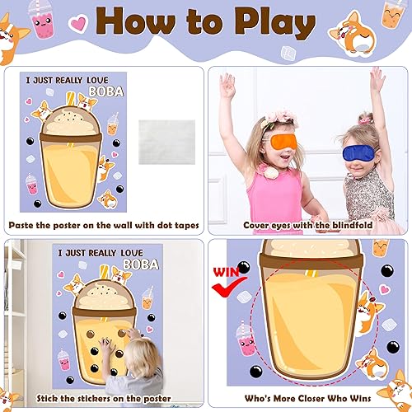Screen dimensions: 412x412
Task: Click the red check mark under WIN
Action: [222, 287]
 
